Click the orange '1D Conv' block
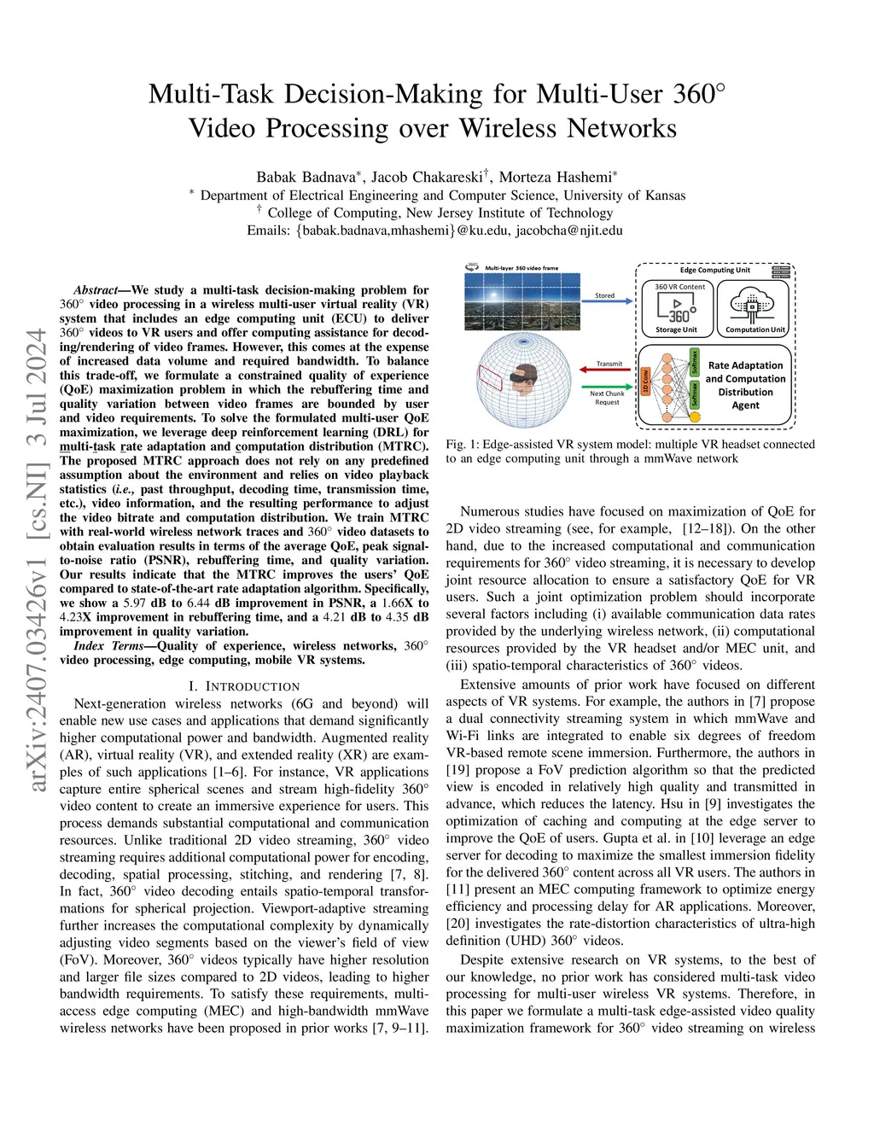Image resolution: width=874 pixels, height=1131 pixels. (646, 382)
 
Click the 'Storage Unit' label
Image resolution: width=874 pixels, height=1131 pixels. (676, 329)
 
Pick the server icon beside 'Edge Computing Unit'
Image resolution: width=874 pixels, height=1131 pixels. (780, 271)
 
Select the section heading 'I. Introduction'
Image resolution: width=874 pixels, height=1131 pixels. (244, 686)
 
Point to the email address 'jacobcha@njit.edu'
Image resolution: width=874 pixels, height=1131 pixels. (569, 230)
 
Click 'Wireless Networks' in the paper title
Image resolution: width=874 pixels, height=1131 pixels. (568, 128)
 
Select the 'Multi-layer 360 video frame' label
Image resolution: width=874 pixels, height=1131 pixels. (521, 268)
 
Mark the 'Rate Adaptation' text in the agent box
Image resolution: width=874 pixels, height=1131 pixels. (745, 365)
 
